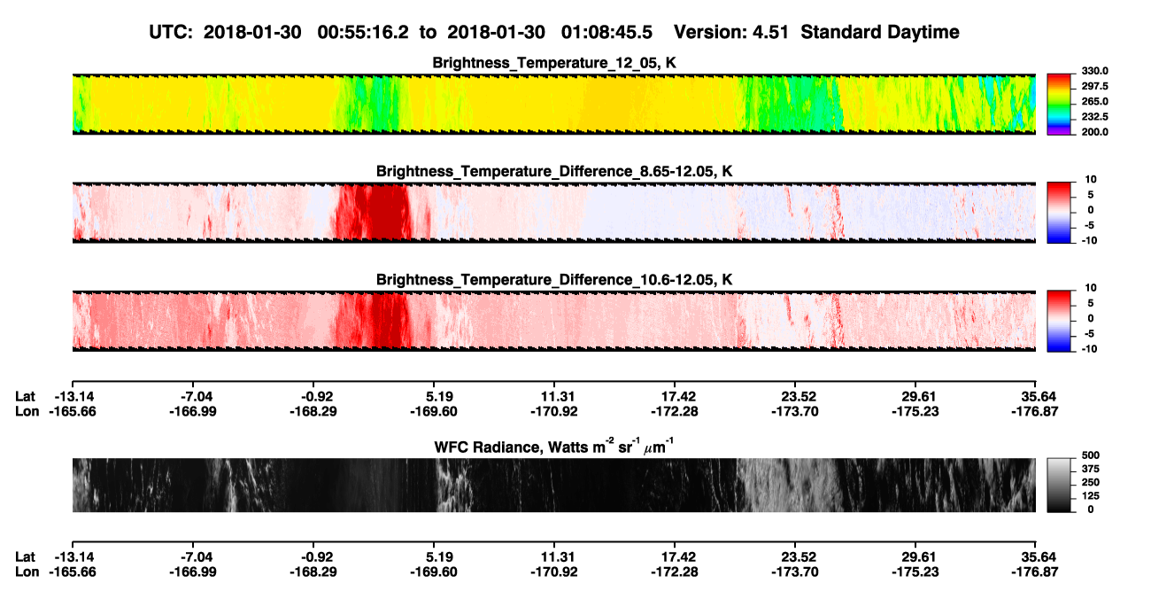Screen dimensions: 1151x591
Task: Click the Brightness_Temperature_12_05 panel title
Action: (x=554, y=63)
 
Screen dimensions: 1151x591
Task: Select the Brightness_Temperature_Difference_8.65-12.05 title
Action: (x=554, y=171)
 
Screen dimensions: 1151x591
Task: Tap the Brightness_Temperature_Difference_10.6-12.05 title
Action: (x=554, y=280)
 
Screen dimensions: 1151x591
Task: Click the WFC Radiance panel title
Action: (x=554, y=447)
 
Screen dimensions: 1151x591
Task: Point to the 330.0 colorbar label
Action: (x=1094, y=71)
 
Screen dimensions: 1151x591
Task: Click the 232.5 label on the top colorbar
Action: (x=1094, y=117)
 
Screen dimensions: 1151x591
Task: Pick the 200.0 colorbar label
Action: (x=1094, y=132)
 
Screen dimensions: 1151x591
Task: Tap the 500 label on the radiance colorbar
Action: (x=1090, y=455)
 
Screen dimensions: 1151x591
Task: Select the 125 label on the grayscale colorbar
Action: (x=1090, y=496)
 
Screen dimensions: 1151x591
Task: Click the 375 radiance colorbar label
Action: (x=1090, y=469)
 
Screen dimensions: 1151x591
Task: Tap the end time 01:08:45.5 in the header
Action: (x=606, y=32)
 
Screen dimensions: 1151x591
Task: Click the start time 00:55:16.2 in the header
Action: (x=363, y=32)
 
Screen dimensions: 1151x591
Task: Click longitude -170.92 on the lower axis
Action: (x=554, y=572)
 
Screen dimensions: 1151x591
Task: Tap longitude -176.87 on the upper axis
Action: (x=1035, y=412)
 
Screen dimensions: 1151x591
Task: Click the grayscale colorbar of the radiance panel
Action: (x=1059, y=485)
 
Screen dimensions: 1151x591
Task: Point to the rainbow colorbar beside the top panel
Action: (x=1059, y=105)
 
